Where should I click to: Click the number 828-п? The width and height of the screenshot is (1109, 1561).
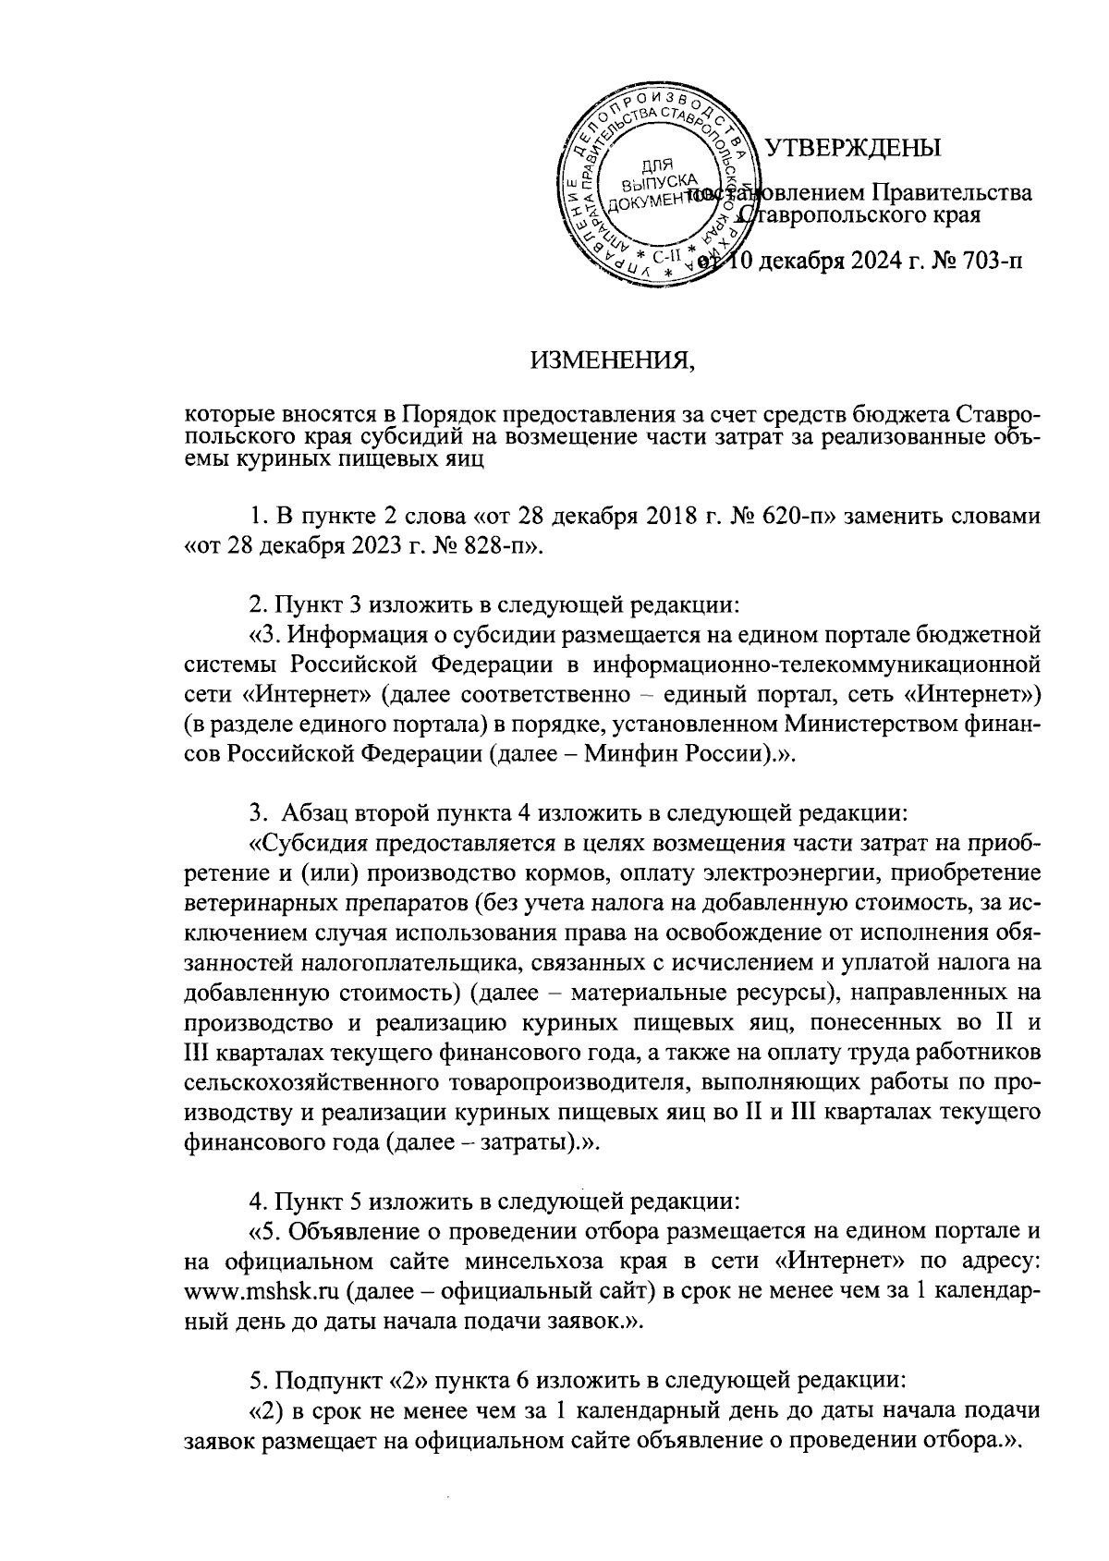pos(491,546)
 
